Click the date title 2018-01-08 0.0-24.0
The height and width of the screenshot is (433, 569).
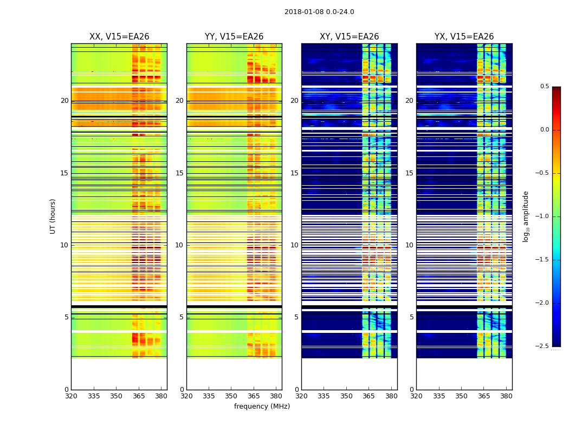tap(319, 12)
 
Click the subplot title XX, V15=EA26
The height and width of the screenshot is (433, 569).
tap(119, 37)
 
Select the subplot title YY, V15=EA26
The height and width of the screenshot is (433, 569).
tap(234, 37)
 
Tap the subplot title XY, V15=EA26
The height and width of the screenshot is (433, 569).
tap(349, 37)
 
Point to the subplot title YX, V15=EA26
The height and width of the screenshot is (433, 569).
tap(464, 37)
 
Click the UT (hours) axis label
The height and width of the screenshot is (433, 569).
tap(53, 216)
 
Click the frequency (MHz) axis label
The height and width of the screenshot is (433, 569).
tap(262, 406)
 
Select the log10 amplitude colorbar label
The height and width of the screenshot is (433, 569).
tap(526, 216)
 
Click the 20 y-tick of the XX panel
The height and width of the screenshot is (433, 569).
tap(64, 101)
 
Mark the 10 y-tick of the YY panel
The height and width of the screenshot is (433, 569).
tap(179, 245)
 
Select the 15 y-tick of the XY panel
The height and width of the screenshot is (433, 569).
tap(294, 173)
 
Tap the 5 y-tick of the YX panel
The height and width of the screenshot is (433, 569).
tap(411, 317)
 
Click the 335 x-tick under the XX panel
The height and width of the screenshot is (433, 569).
tap(94, 396)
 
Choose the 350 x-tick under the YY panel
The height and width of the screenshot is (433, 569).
tap(231, 396)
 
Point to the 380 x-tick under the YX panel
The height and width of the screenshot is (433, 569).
tap(506, 396)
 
